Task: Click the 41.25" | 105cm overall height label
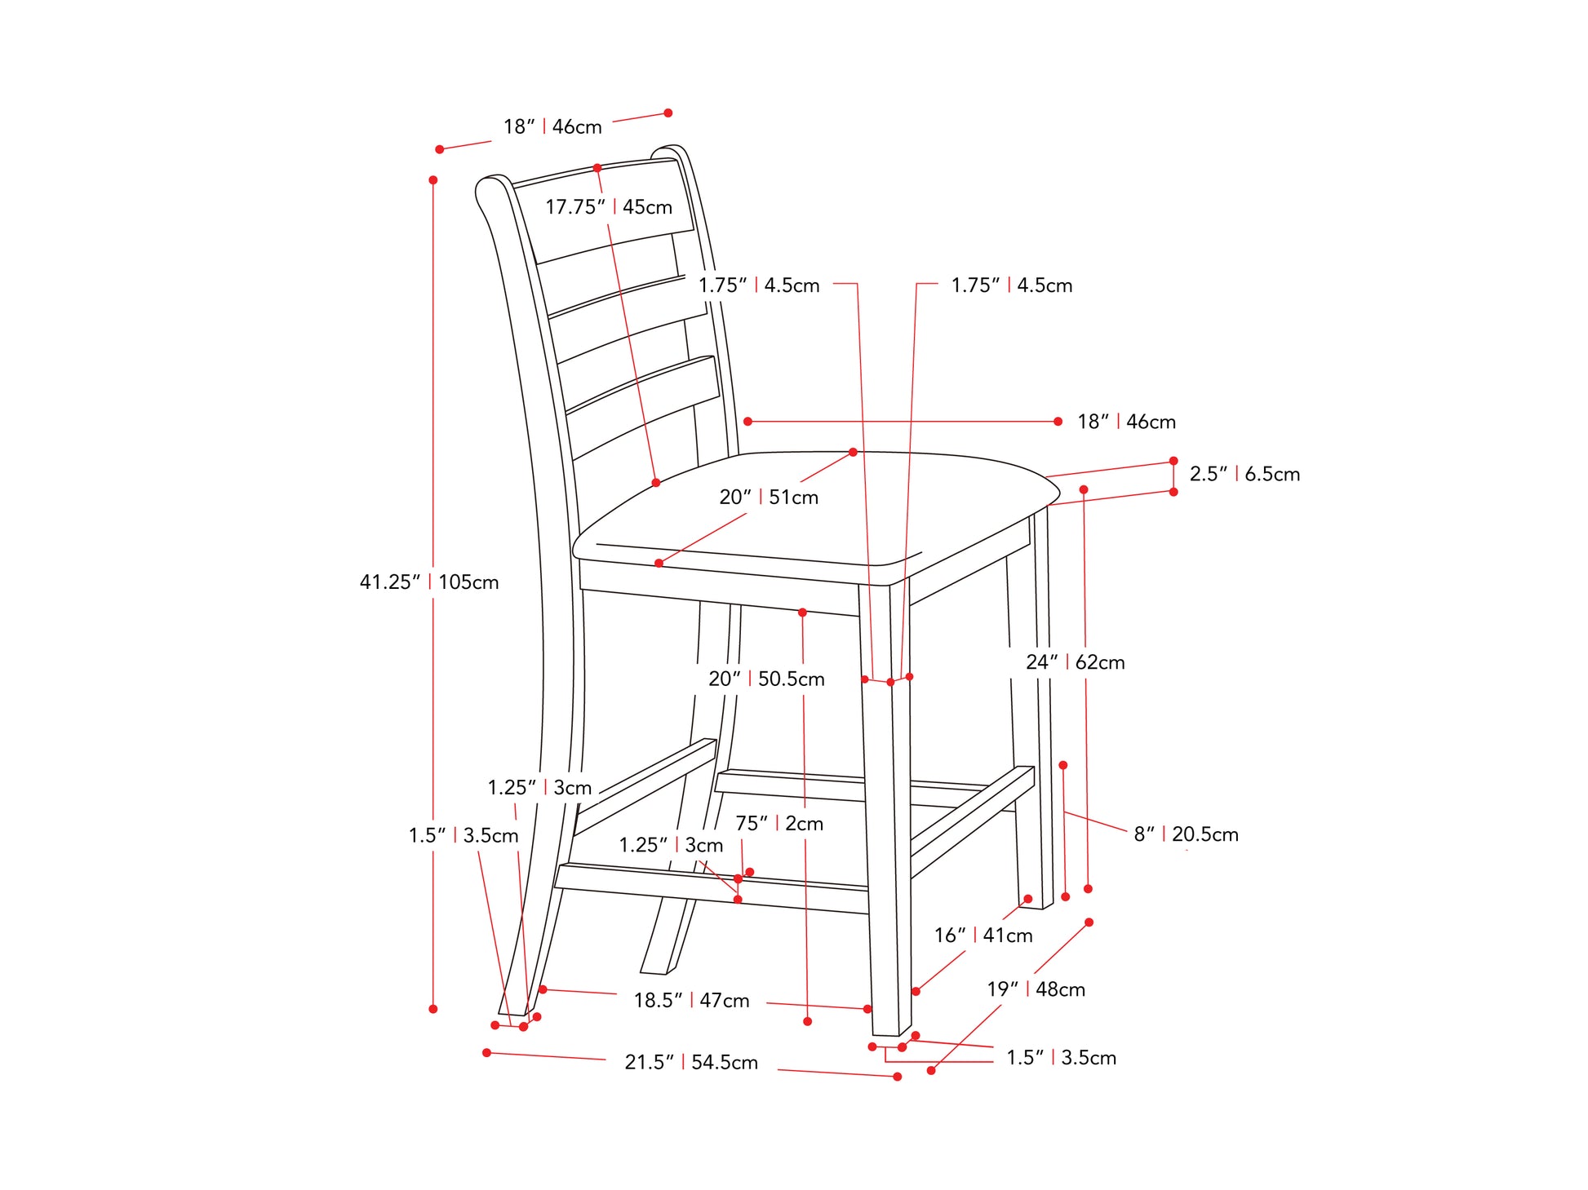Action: [429, 582]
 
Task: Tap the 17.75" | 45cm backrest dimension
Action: [609, 207]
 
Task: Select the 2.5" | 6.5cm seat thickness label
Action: [1244, 474]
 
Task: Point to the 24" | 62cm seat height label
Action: [1076, 662]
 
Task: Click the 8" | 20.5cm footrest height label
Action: [1186, 834]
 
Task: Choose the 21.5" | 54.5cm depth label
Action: [691, 1062]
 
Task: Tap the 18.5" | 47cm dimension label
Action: [691, 1000]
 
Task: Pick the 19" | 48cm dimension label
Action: [1036, 989]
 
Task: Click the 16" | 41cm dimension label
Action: [983, 936]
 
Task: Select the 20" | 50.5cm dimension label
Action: [766, 679]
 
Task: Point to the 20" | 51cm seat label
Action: [769, 497]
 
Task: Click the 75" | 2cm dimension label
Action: [779, 824]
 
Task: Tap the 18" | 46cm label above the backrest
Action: [552, 126]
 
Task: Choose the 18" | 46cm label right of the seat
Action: [1126, 422]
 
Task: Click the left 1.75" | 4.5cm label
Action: [759, 285]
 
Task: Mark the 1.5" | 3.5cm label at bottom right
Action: [1061, 1058]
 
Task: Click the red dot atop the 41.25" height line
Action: [433, 180]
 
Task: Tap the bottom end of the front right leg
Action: [892, 1033]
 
